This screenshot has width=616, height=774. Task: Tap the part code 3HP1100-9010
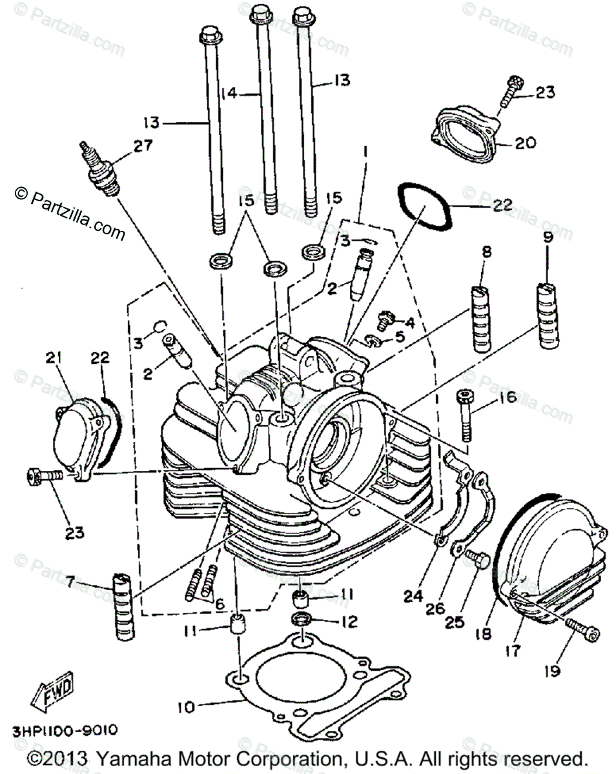pyautogui.click(x=64, y=731)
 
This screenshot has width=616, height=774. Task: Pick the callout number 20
pyautogui.click(x=526, y=143)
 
